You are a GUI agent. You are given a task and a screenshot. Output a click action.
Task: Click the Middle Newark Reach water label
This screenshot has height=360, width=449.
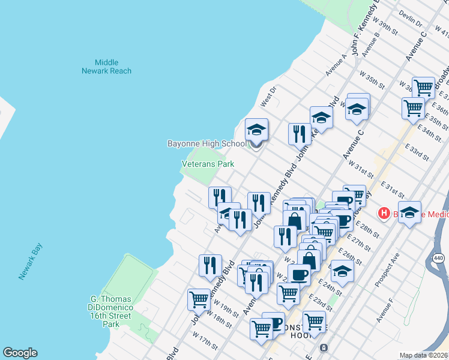pos(106,67)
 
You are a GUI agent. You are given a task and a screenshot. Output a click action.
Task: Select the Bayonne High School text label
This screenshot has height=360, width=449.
pos(206,143)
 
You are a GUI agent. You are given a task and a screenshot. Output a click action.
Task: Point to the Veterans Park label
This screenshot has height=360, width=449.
pos(208,164)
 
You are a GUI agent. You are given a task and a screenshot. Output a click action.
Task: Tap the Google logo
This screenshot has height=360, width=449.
pos(20,353)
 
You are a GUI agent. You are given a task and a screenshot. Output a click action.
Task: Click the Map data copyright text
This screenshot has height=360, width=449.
pos(424,355)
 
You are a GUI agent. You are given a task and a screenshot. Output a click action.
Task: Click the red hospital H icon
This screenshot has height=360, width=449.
pos(382,213)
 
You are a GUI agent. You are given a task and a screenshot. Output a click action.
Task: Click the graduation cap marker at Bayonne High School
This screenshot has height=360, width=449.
pos(256,130)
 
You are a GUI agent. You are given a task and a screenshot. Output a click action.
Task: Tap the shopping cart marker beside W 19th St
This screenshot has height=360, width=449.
pos(199,299)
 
